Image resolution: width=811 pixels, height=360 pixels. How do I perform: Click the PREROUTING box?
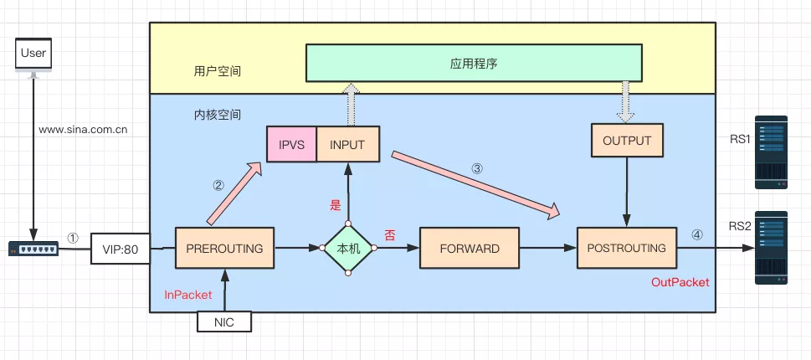224,248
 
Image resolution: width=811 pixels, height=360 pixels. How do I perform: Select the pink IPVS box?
291,144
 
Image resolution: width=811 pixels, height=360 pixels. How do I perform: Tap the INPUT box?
347,144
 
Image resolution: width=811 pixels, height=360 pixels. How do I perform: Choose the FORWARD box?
470,248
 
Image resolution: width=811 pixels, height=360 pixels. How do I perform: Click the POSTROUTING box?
626,248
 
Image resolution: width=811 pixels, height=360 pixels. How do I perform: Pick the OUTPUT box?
626,141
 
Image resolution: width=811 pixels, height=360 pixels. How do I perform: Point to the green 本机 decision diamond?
347,249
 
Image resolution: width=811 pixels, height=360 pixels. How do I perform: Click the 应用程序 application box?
474,64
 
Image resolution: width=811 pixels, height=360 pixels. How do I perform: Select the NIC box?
223,321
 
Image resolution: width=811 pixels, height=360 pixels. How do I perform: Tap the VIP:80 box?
120,249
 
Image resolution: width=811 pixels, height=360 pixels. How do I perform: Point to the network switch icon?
34,249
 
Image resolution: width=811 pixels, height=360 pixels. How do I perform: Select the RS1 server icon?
771,152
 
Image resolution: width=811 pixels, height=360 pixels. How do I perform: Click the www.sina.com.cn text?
83,130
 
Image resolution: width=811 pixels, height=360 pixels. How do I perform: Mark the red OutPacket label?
680,283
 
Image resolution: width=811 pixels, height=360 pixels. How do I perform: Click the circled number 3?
477,167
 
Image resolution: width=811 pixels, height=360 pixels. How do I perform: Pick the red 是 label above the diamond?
336,205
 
